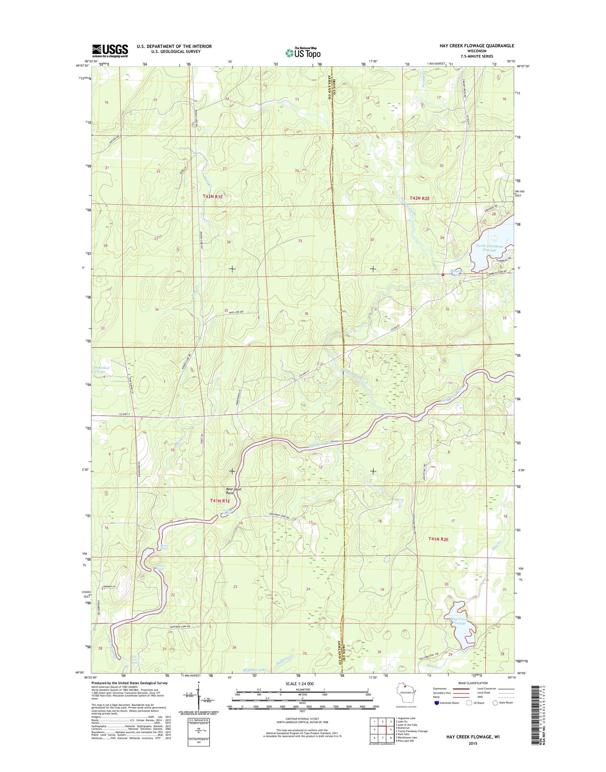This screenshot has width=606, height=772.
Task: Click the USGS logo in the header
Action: tap(110, 51)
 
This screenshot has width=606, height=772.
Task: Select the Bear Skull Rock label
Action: tap(234, 491)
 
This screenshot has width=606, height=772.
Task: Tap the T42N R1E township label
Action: tap(213, 196)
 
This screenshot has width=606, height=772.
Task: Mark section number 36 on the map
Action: tap(307, 313)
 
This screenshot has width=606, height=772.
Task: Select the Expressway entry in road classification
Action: tap(451, 689)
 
